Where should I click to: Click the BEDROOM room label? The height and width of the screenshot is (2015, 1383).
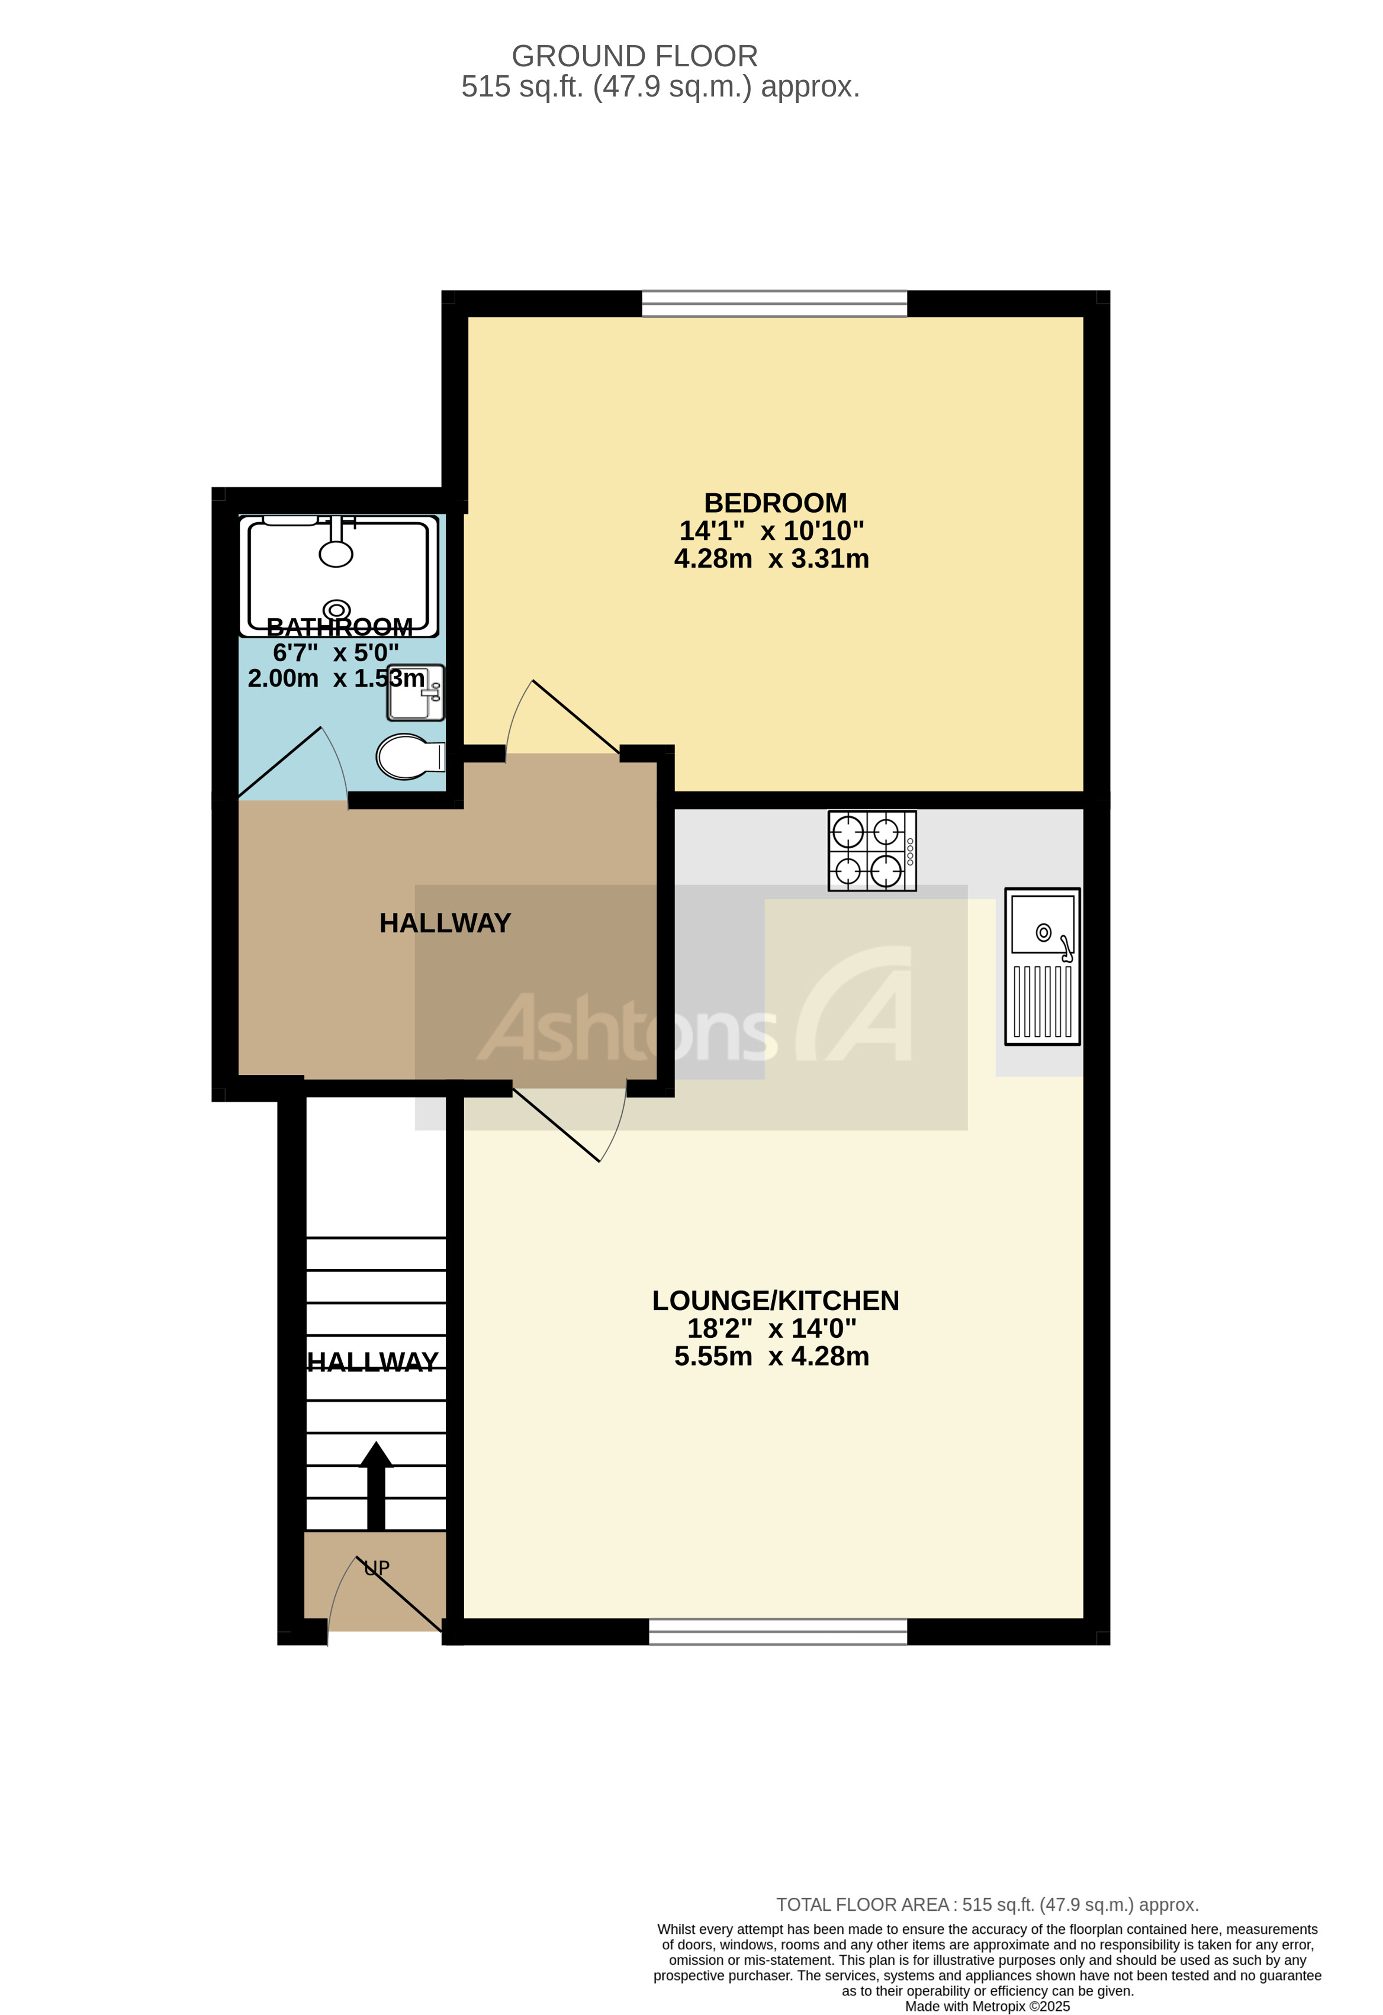click(x=774, y=503)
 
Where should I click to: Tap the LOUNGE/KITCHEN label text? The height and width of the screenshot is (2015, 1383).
click(x=774, y=1301)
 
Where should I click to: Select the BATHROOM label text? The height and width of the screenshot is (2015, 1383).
click(x=339, y=626)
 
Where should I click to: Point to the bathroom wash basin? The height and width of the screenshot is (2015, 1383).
click(x=416, y=693)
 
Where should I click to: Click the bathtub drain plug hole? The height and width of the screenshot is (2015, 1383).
click(x=336, y=610)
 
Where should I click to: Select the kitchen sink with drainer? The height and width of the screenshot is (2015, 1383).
click(x=1041, y=966)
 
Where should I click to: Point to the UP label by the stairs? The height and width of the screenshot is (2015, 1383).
click(x=377, y=1567)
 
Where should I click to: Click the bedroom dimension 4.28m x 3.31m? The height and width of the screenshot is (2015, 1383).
click(x=771, y=558)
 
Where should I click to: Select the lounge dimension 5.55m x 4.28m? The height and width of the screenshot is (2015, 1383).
click(x=771, y=1356)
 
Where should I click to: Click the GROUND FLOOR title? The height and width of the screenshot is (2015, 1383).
click(x=634, y=56)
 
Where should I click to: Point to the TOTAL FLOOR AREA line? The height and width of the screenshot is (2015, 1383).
click(x=987, y=1905)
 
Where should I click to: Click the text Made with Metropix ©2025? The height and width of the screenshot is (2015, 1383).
click(x=987, y=2006)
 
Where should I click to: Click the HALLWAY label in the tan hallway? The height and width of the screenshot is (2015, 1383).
click(x=445, y=923)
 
